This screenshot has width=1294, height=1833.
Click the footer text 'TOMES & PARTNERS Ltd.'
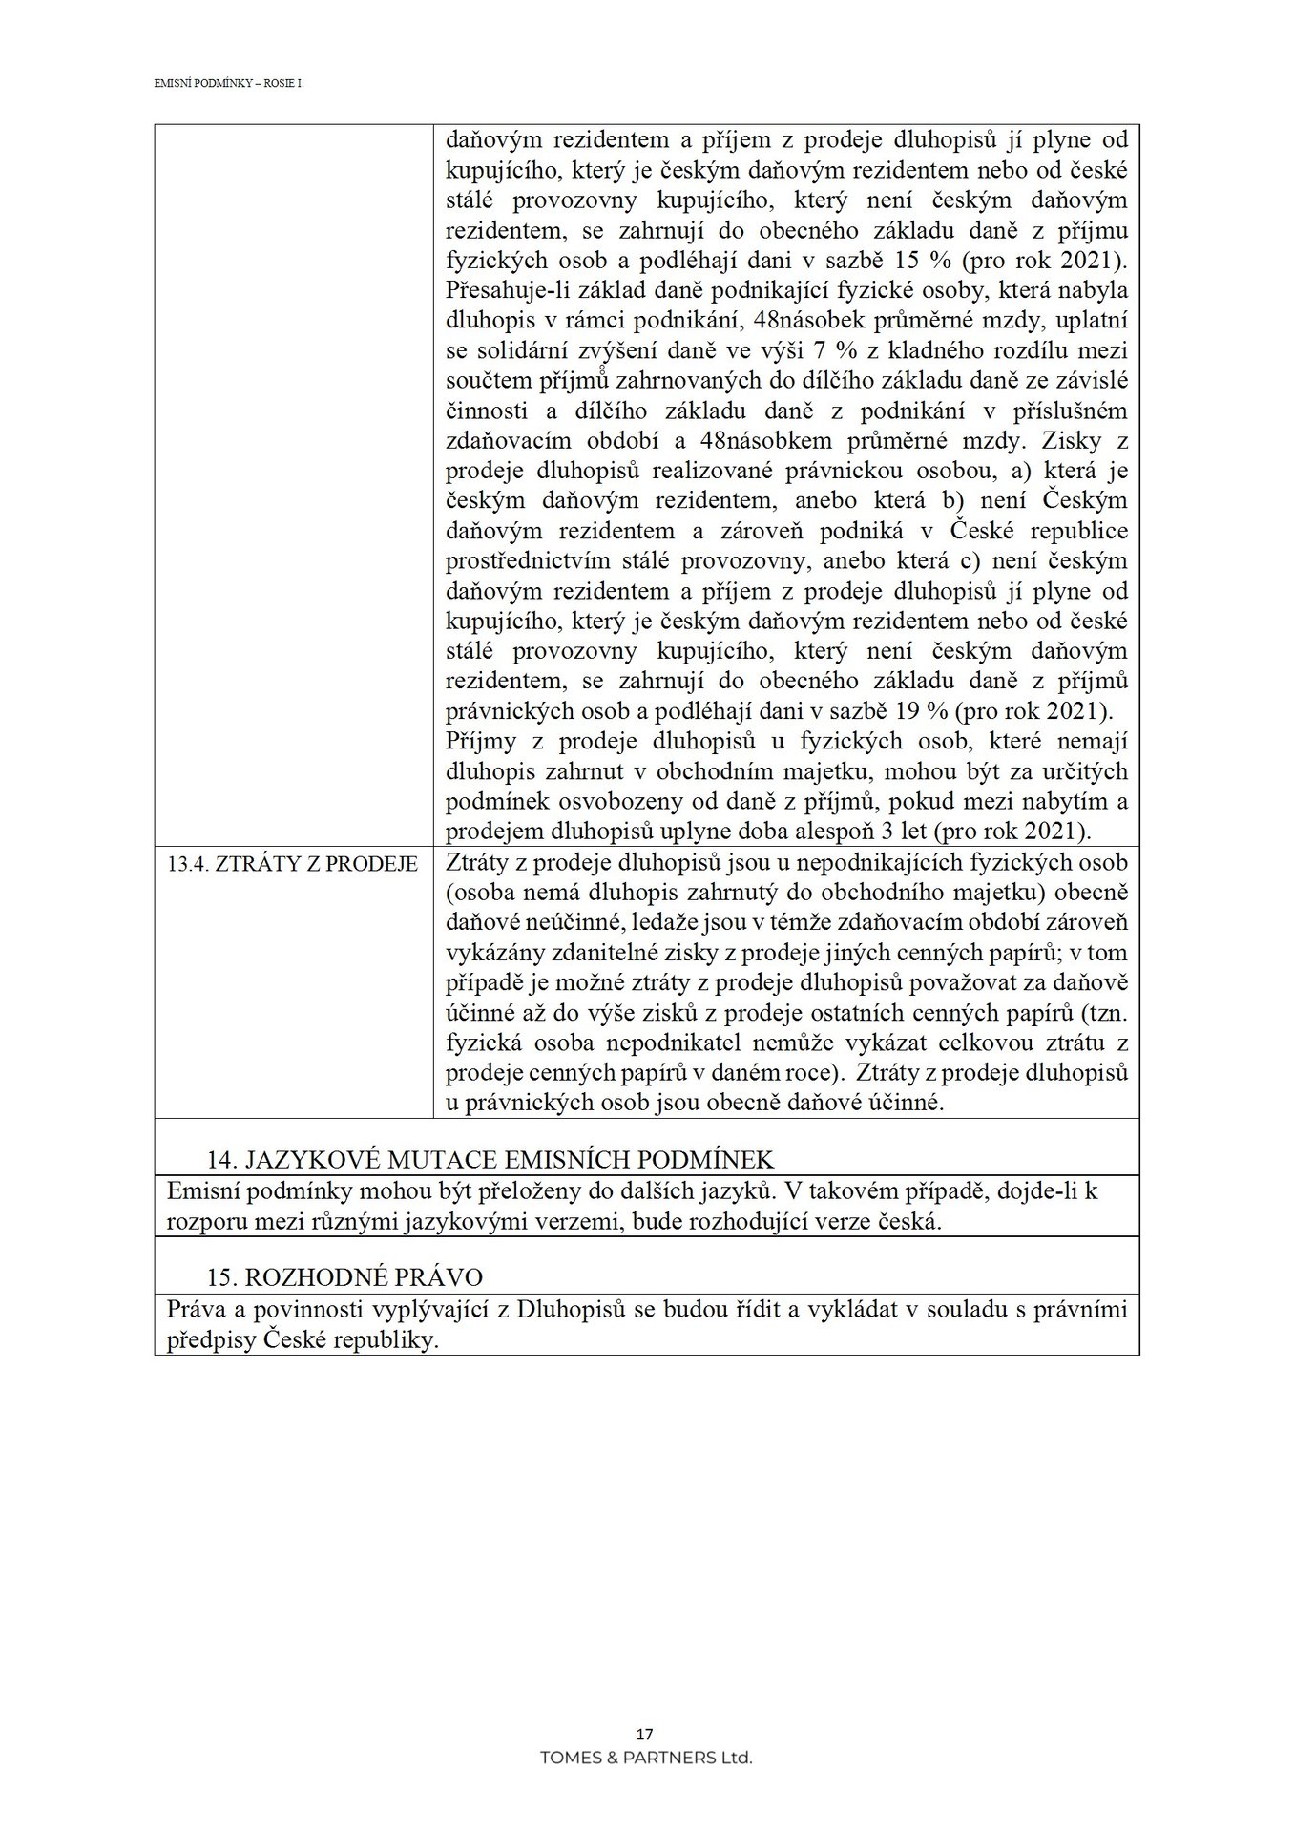tap(646, 1758)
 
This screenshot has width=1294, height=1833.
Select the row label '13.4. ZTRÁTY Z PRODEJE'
tap(292, 865)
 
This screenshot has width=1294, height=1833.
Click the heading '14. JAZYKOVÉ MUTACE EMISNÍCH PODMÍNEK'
tap(491, 1159)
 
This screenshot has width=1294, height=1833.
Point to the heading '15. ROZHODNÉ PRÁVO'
tap(345, 1277)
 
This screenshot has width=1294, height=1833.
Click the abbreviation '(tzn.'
tap(1105, 1012)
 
